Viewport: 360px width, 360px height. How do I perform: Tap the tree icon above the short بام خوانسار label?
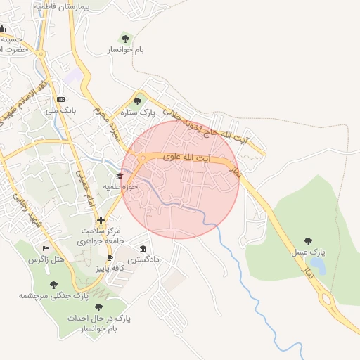tap(125, 38)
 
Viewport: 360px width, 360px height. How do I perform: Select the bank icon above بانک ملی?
tap(60, 99)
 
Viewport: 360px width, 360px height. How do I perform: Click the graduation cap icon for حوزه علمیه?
tap(120, 176)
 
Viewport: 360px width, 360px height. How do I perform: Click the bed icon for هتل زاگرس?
tap(46, 248)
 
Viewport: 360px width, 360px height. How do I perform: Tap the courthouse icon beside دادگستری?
tap(143, 249)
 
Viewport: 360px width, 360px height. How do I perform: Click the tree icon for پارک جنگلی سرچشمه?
tap(53, 285)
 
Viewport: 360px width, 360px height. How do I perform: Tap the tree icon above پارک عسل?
tap(315, 240)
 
